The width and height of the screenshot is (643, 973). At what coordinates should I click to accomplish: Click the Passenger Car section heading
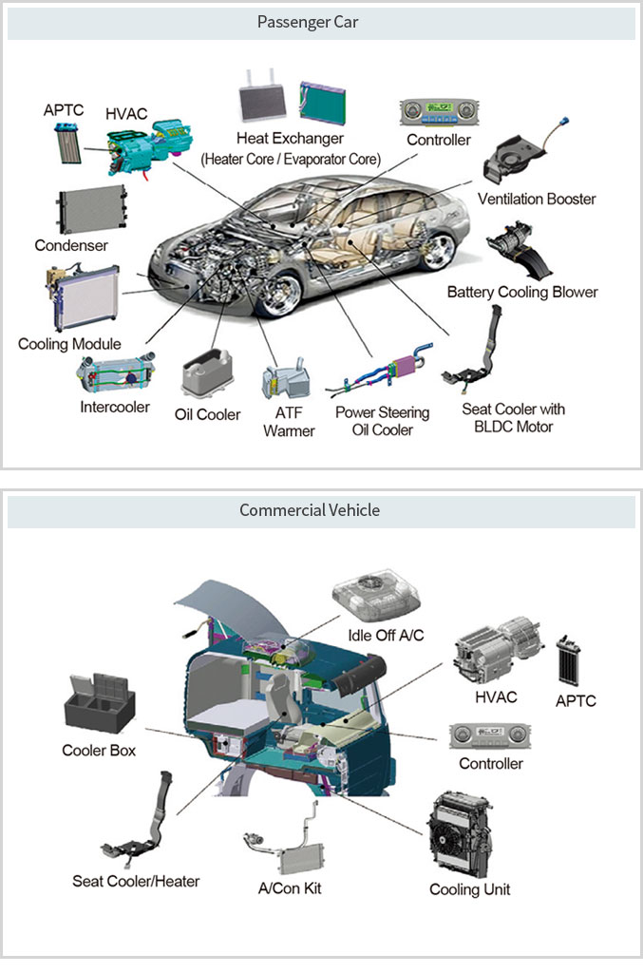click(321, 22)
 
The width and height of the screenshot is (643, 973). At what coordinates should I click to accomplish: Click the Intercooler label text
click(115, 408)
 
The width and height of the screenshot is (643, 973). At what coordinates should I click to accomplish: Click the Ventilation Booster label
click(537, 200)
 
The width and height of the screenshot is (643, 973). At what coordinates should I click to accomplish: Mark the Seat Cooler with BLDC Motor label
click(513, 418)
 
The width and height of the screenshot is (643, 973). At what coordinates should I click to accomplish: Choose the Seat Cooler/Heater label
click(136, 882)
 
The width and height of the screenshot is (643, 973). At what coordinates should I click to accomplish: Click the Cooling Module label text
click(69, 344)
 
